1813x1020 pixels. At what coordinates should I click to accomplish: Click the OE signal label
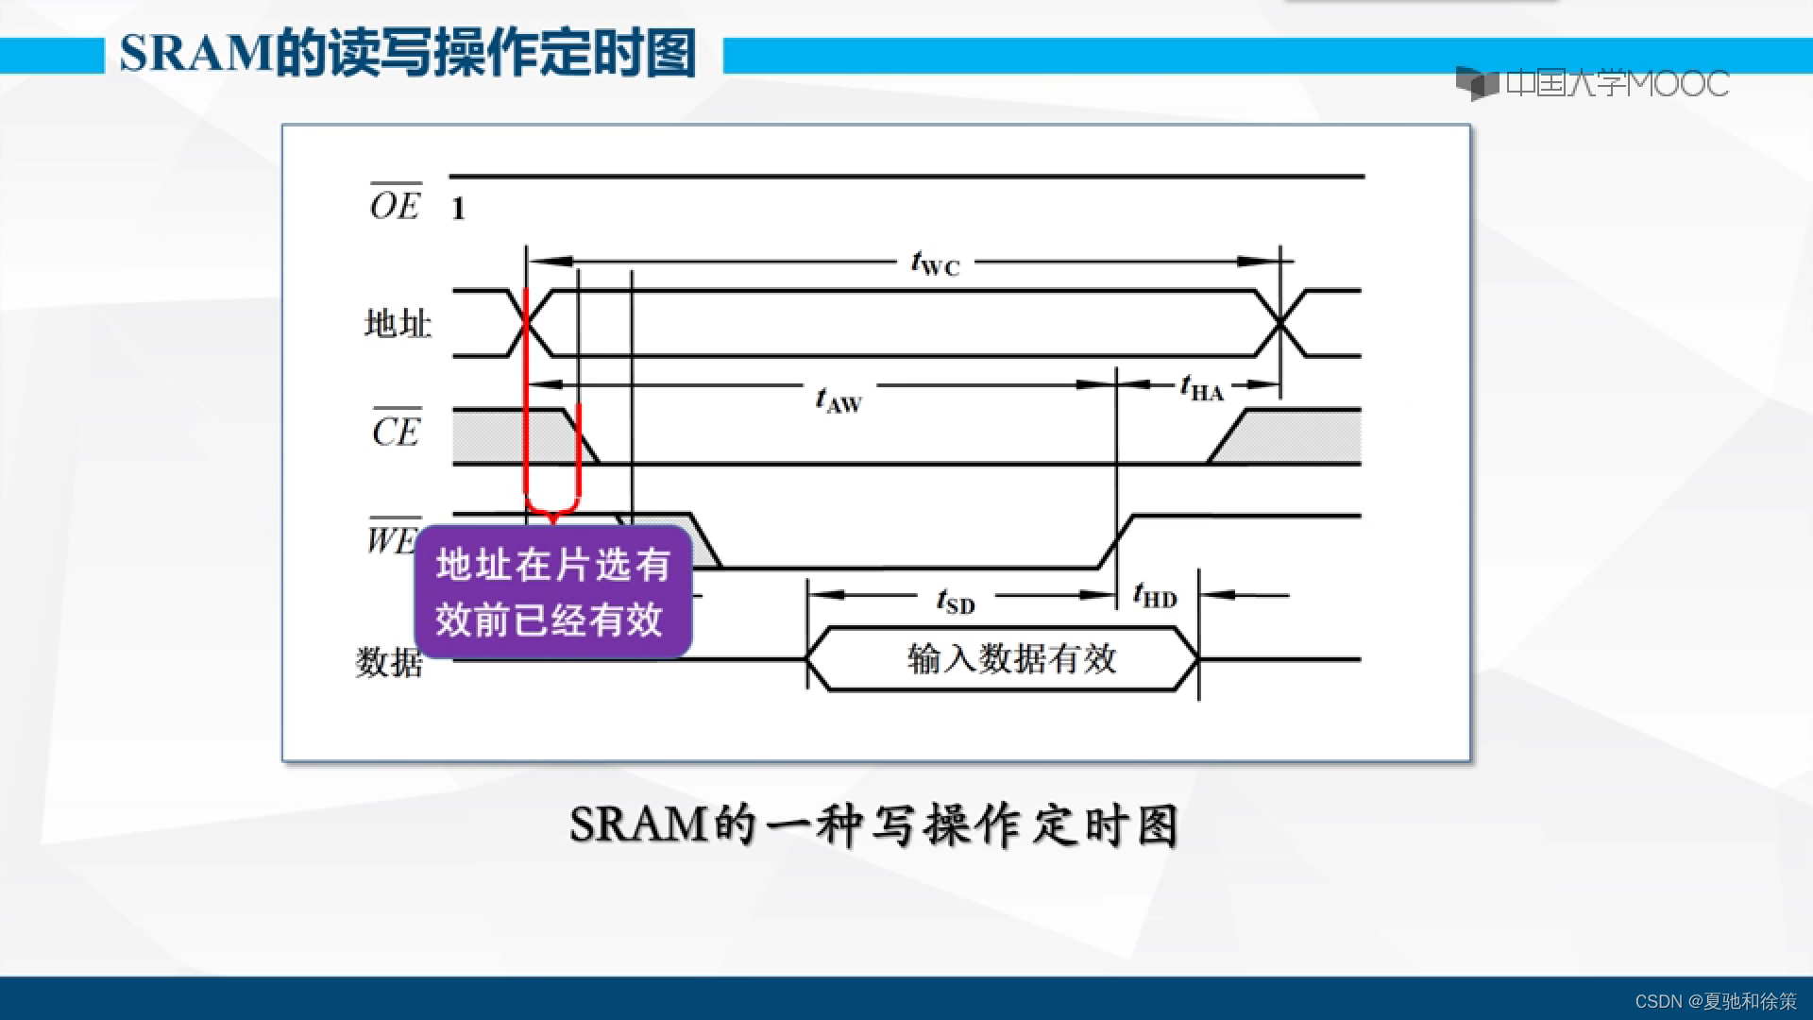[395, 203]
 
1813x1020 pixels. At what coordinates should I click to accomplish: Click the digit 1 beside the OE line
[458, 209]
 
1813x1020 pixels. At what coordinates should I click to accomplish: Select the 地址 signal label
[398, 324]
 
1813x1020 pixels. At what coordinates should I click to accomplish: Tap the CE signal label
[396, 431]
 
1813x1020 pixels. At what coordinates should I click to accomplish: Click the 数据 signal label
[389, 662]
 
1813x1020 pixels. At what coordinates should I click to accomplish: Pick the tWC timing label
[935, 263]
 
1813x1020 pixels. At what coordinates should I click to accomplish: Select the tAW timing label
[839, 400]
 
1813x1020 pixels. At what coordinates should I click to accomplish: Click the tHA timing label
[1201, 388]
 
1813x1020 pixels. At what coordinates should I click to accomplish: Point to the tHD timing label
[1155, 596]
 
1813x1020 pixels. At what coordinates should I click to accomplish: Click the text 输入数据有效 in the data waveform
[1011, 658]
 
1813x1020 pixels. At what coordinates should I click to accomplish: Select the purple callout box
[553, 592]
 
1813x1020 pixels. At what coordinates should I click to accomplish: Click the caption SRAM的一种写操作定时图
[873, 825]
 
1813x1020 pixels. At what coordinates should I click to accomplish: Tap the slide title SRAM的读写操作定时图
[408, 54]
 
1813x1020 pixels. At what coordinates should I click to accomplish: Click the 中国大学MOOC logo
[1592, 83]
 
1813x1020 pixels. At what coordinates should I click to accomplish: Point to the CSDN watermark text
[1715, 1001]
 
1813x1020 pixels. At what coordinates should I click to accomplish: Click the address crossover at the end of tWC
[1280, 323]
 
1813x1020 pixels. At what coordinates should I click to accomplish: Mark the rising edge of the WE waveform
[1116, 542]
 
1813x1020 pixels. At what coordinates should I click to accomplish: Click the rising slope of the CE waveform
[1228, 436]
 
